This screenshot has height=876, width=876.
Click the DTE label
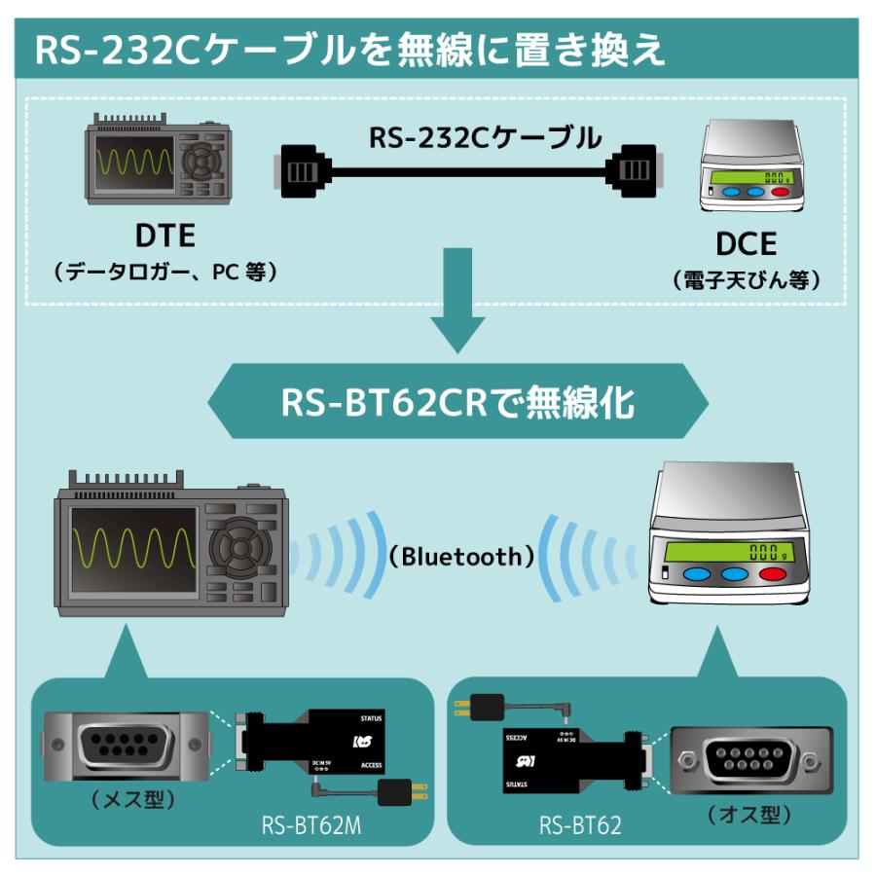[164, 235]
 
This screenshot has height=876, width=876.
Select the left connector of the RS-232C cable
[301, 171]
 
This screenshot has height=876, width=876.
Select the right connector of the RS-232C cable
[637, 171]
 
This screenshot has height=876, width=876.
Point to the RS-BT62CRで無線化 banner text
[457, 401]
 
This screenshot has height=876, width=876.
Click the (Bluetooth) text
[461, 557]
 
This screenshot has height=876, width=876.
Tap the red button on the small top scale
[780, 192]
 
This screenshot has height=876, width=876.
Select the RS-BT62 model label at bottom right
[580, 825]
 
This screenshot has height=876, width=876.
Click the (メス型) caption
[132, 800]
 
